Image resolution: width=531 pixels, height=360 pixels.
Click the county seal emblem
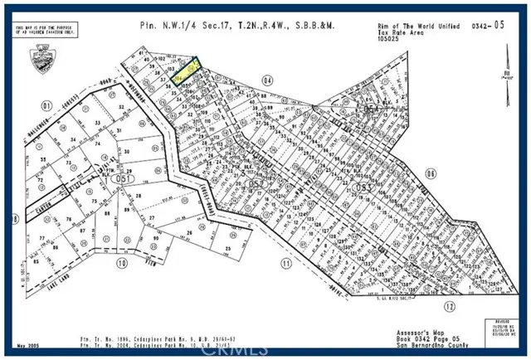(x=36, y=59)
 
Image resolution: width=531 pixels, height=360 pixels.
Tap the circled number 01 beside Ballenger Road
(x=46, y=105)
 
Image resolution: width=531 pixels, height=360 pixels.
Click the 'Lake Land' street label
(x=50, y=260)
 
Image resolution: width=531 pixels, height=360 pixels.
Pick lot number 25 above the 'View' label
(x=227, y=248)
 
